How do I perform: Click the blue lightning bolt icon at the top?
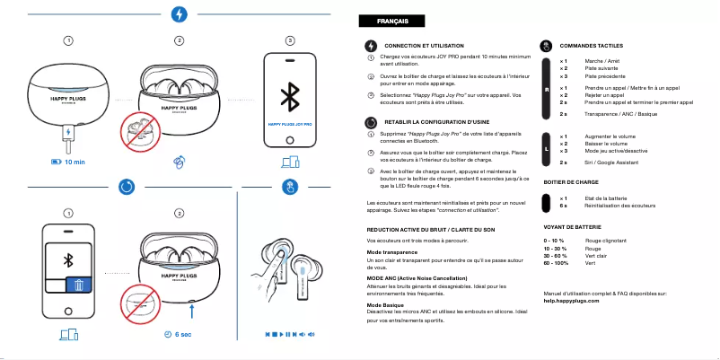pos(180,14)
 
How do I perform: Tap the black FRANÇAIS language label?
pos(383,21)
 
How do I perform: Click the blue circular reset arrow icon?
pos(127,187)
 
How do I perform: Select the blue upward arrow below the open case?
pos(193,311)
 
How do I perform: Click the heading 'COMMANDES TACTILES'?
pos(591,45)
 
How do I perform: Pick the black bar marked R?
pos(547,90)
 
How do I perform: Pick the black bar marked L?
pos(547,147)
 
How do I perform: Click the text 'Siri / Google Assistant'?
pos(611,162)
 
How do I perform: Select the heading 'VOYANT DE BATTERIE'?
pos(572,228)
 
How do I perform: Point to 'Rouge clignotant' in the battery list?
pos(605,241)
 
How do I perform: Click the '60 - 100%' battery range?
pos(557,263)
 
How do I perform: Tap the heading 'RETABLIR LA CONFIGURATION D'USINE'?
pos(435,120)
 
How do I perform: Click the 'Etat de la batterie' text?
pos(606,198)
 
